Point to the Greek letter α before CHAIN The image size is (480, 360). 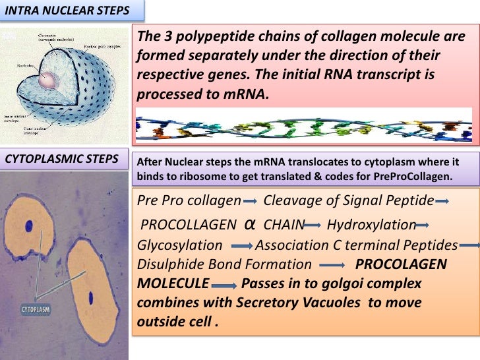pyautogui.click(x=250, y=224)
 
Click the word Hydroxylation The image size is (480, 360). pyautogui.click(x=371, y=225)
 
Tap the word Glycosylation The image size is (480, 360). pyautogui.click(x=179, y=245)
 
